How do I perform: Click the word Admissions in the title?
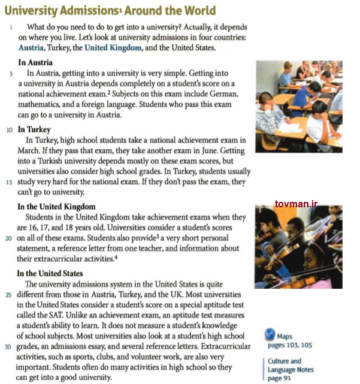pyautogui.click(x=89, y=11)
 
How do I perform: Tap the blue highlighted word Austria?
pyautogui.click(x=31, y=47)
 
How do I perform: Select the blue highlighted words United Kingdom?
pyautogui.click(x=113, y=47)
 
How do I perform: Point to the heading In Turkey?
pyautogui.click(x=34, y=129)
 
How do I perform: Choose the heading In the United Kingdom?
pyautogui.click(x=56, y=207)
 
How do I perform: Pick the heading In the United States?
pyautogui.click(x=51, y=274)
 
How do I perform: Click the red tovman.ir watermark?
pyautogui.click(x=296, y=205)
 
